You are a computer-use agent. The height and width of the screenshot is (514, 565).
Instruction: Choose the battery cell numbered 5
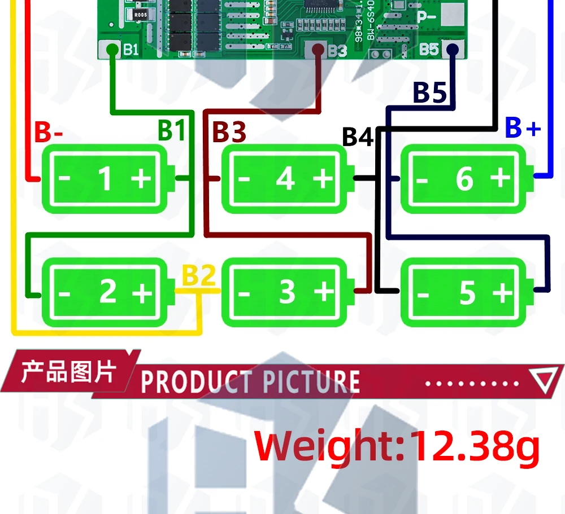(466, 292)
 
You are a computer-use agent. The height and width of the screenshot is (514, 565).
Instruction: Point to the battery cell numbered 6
(466, 179)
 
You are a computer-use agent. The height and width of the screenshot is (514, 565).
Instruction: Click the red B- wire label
(49, 133)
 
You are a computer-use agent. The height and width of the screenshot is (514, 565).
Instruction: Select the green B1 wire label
(171, 130)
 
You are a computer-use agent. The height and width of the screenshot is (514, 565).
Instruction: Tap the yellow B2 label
(198, 276)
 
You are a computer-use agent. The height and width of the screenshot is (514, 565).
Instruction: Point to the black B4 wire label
(358, 137)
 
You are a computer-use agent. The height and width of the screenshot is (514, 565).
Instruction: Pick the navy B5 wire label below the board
(430, 93)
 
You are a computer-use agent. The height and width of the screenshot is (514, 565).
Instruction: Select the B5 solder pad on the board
(451, 49)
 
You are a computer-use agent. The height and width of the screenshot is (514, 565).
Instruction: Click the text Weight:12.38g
(397, 446)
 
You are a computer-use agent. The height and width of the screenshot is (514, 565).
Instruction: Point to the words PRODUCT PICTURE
(250, 382)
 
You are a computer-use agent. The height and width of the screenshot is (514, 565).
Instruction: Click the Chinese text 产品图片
(68, 372)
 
